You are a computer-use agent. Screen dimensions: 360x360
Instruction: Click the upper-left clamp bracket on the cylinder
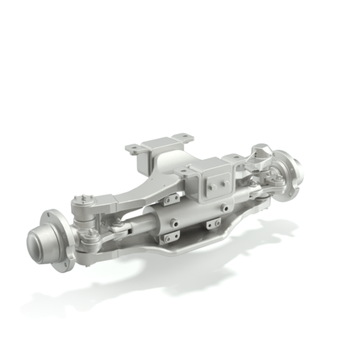tap(171, 199)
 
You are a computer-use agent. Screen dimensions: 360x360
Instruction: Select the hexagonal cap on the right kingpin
tap(261, 152)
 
